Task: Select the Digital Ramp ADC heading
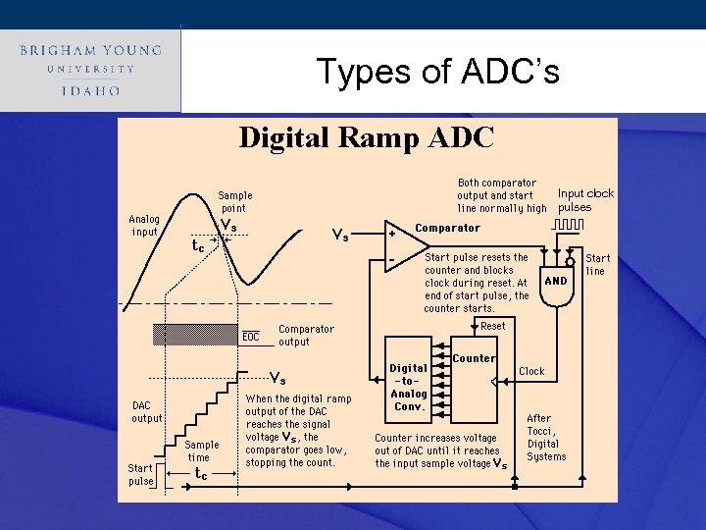coord(367,137)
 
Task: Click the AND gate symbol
coord(556,282)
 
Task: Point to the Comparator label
coord(447,228)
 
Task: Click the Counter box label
coord(474,358)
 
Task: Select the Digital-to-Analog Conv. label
coord(408,388)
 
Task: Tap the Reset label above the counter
coord(493,326)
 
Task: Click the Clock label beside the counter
coord(531,371)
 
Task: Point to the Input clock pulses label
coord(585,200)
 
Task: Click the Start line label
coord(597,264)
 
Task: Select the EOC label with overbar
coord(251,337)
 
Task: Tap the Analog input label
coord(144,225)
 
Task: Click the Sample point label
coord(234,201)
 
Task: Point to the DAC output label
coord(147,412)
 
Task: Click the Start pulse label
coord(141,474)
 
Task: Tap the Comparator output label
coord(306,336)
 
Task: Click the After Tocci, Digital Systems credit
coord(546,437)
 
